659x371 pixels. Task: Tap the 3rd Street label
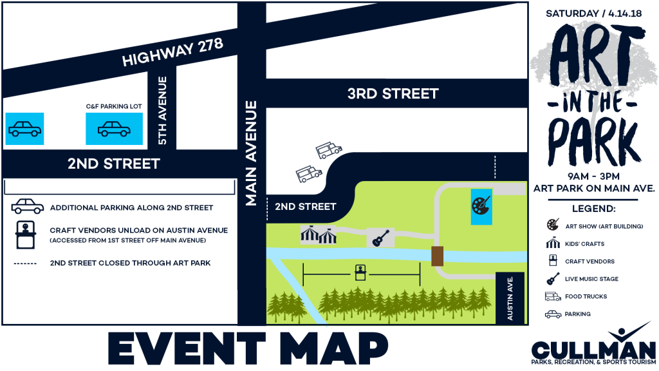point(393,93)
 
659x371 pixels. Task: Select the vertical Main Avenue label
point(251,153)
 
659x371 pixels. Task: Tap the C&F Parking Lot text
point(114,106)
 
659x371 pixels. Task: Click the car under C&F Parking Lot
point(114,129)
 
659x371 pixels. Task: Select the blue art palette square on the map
point(481,207)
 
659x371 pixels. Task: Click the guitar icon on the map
point(380,237)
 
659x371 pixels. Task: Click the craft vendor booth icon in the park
point(360,272)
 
